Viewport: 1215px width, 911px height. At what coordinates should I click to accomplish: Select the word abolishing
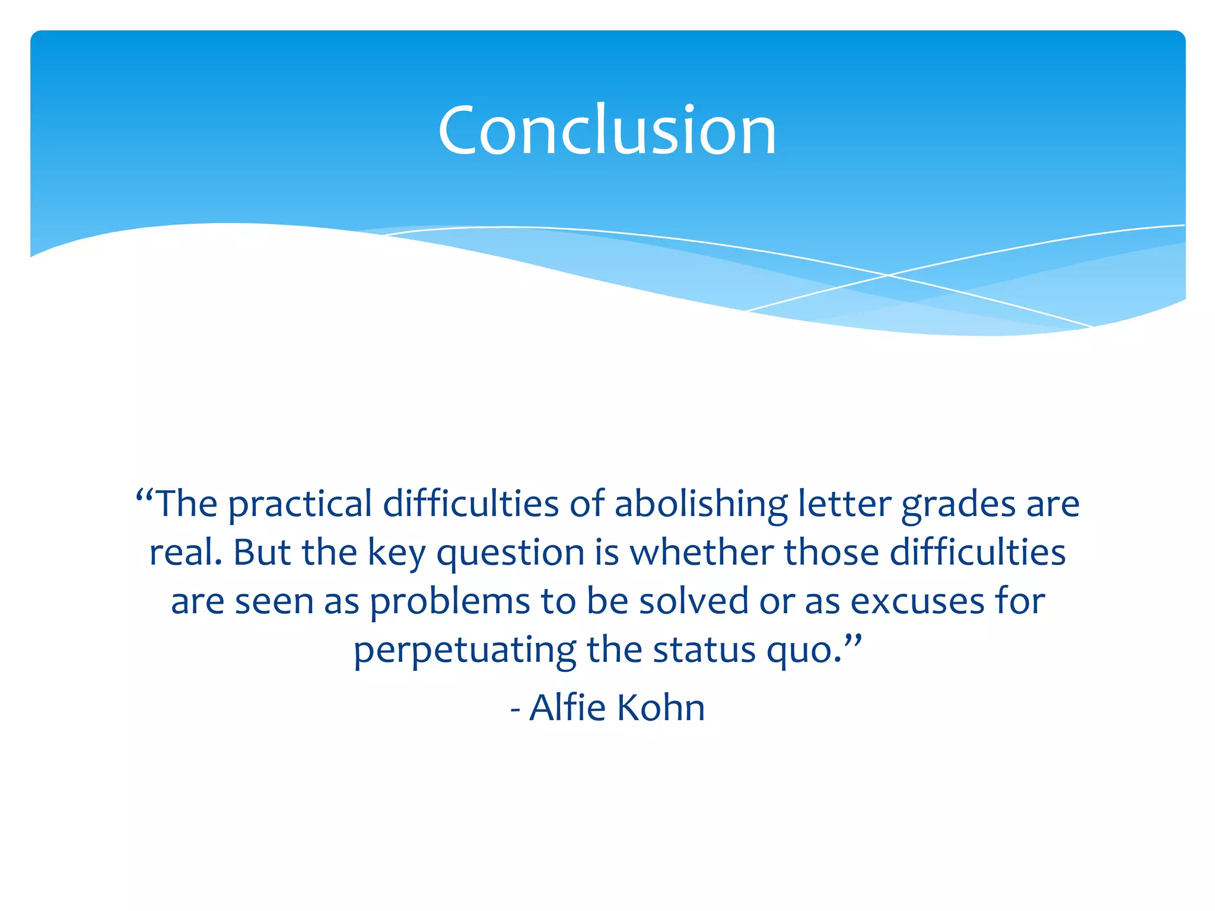(701, 505)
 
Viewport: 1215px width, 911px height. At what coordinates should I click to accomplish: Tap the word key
(396, 553)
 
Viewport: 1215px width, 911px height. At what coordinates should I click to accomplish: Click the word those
(831, 552)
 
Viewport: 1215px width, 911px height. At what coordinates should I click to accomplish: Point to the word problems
(450, 603)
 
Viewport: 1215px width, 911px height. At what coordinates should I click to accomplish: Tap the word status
(704, 650)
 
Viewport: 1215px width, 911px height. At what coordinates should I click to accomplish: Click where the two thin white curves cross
(888, 275)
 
